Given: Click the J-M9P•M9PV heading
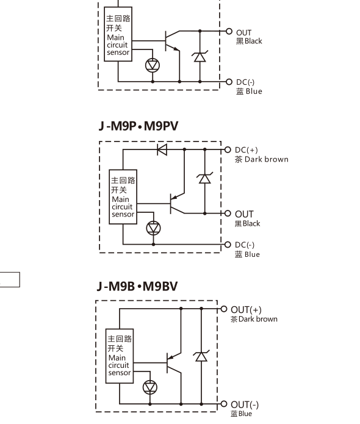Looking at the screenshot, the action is pos(139,126).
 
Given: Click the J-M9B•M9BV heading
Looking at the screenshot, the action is pos(137,286).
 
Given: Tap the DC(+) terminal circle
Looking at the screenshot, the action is pos(228,149).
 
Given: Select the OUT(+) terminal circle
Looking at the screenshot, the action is pos(224,309).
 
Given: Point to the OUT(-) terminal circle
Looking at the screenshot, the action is pos(224,404).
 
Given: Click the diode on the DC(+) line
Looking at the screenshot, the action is pos(162,149).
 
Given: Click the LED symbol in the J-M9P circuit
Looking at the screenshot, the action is pos(153,228).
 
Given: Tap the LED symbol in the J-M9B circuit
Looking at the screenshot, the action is pos(150,387).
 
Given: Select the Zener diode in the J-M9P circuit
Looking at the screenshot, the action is pos(205,178).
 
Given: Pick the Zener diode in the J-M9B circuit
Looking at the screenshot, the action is pos(201,356).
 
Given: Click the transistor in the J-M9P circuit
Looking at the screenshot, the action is pos(177,203).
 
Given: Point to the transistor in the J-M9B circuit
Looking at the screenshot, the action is pos(174,363).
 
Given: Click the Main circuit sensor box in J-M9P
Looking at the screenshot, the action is pos(123,197).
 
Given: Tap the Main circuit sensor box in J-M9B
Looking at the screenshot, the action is pos(120,356).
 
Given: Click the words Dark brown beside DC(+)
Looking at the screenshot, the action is pos(267,159).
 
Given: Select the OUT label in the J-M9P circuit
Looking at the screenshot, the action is pos(244,214).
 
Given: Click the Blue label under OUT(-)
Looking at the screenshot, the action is pos(245,414).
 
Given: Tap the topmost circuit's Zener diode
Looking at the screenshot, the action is pos(200,56).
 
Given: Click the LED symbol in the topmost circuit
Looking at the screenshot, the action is pos(153,65).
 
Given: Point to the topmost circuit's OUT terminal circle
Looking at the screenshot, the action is pos(229,31).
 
